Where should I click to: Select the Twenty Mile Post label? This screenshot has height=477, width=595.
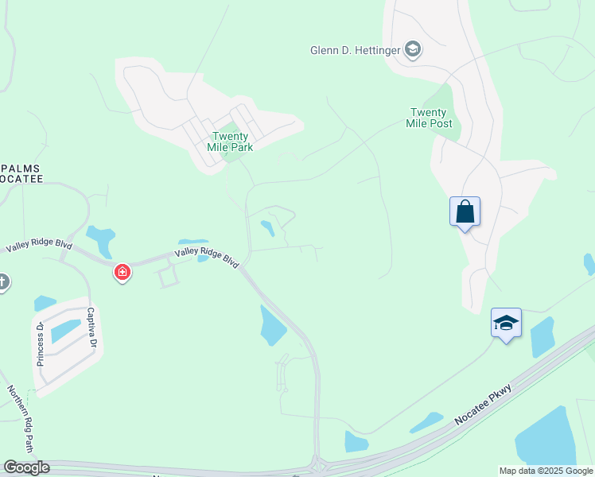(x=431, y=118)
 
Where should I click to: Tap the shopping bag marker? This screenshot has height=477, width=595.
(x=465, y=212)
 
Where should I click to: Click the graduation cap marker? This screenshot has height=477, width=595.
(x=506, y=323)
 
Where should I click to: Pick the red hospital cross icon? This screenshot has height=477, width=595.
(x=122, y=273)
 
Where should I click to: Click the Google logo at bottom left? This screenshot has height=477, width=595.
(x=26, y=467)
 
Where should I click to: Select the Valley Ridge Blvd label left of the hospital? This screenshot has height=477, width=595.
(x=39, y=247)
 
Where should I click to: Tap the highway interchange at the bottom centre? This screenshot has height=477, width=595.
(x=318, y=463)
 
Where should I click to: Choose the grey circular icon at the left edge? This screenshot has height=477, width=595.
(x=2, y=281)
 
